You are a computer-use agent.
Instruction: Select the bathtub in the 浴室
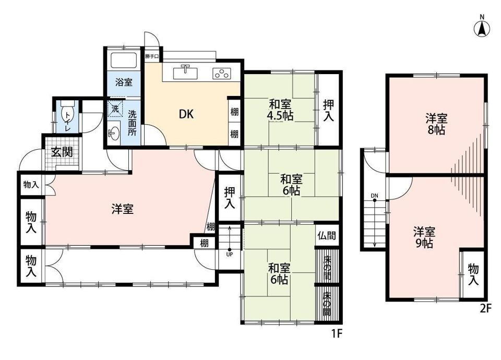pos(123,59)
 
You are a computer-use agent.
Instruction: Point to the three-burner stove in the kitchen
pos(221,74)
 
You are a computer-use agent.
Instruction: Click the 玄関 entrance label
pos(62,152)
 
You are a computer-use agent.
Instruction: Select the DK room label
pos(186,114)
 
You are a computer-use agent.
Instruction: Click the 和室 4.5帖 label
pos(280,110)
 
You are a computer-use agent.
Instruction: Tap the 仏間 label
pos(327,236)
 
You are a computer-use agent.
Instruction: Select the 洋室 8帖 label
pos(436,124)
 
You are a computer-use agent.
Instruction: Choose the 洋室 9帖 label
pos(424,237)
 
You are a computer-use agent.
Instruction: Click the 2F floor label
pos(485,308)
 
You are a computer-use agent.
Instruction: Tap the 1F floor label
pos(337,333)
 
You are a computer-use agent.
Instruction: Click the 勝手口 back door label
pos(151,56)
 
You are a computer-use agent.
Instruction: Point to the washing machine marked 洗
pos(115,109)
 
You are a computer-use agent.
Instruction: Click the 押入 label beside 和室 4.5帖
pos(328,110)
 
